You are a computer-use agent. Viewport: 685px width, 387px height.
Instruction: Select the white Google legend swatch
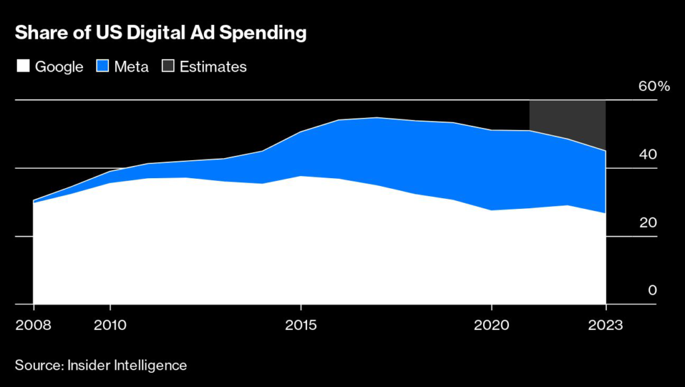(x=22, y=66)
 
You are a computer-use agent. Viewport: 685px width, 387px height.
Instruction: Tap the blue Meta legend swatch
(x=104, y=66)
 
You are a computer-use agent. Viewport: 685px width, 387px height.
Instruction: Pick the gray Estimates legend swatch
(x=168, y=66)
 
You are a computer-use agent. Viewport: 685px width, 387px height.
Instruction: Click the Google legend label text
(x=59, y=66)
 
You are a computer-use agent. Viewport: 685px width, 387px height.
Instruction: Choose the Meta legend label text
(x=132, y=66)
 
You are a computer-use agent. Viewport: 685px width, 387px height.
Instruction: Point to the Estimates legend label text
(x=213, y=66)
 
